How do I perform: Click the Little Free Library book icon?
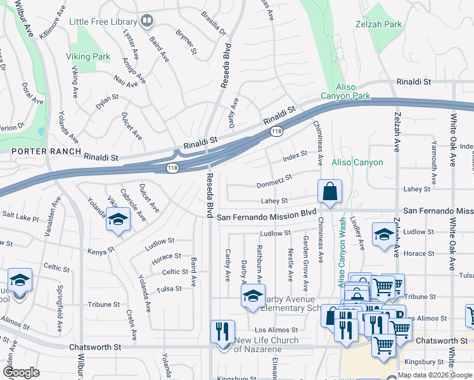point(147,22)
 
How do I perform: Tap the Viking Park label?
point(88,56)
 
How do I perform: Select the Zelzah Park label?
point(379,25)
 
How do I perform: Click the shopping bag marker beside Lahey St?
point(330,192)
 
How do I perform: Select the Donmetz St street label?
point(274,181)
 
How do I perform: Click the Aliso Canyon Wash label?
point(342,251)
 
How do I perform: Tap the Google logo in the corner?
point(22,372)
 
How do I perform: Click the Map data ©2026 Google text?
point(435,375)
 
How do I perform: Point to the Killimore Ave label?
point(52,22)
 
